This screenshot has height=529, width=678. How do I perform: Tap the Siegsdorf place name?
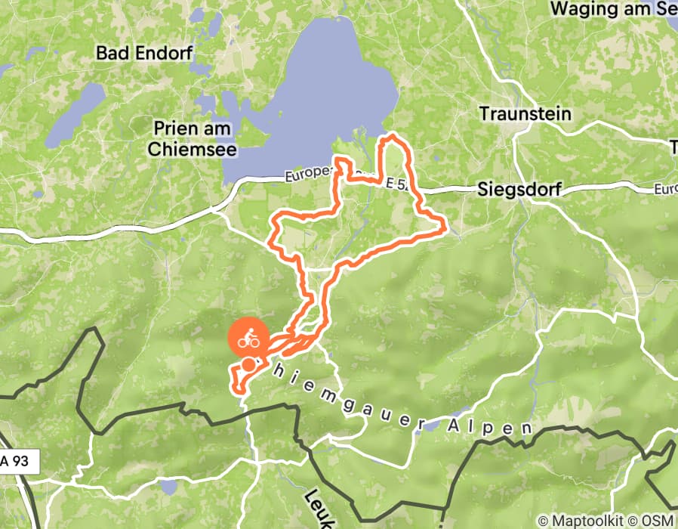tap(520, 190)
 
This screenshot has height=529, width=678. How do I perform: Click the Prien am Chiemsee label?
tap(192, 139)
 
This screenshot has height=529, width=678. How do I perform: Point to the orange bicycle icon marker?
tap(249, 339)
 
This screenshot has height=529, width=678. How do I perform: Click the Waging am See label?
tap(613, 9)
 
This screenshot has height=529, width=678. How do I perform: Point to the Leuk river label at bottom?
tap(317, 506)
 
